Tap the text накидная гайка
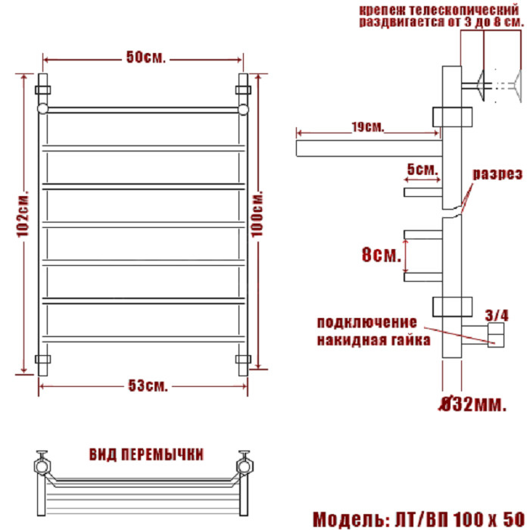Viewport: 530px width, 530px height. click(373, 340)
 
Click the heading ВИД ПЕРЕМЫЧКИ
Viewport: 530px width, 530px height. click(146, 454)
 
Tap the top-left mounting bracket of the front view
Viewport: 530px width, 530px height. click(43, 89)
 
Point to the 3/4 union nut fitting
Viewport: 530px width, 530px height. click(495, 334)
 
